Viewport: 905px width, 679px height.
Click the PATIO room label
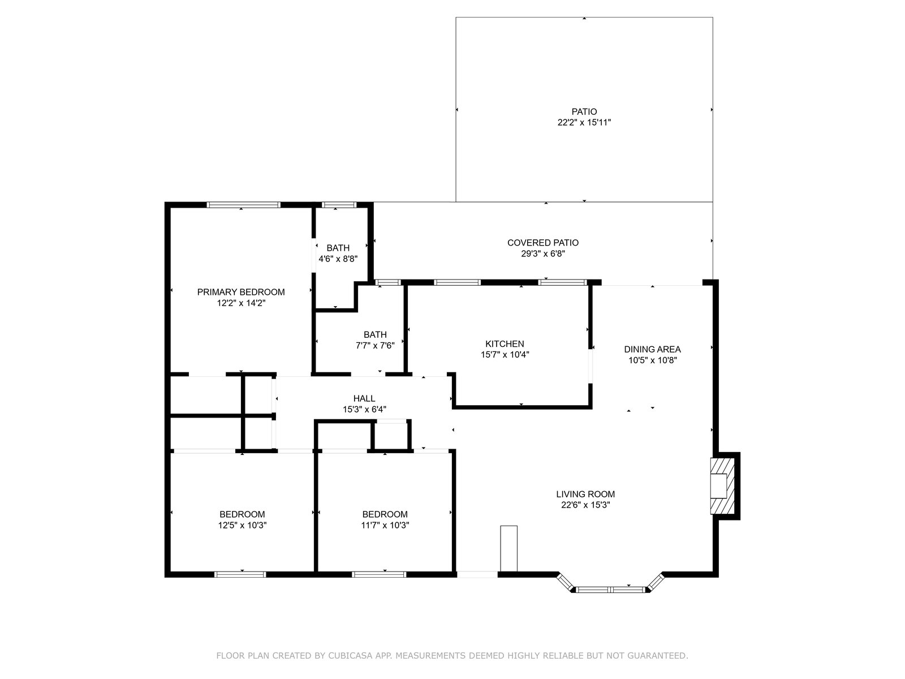(584, 111)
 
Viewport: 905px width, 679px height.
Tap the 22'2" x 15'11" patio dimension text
(584, 122)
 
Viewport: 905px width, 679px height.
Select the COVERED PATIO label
(542, 243)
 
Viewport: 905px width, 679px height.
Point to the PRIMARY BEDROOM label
(241, 293)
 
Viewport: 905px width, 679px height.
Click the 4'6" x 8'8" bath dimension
(338, 259)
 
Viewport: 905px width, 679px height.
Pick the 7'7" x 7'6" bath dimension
(375, 346)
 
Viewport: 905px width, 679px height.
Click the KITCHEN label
(505, 344)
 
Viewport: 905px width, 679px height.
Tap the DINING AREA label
(652, 349)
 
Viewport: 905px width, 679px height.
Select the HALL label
(364, 398)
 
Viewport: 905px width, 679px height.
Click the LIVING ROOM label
(585, 494)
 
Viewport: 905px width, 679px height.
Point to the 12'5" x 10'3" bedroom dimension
(242, 525)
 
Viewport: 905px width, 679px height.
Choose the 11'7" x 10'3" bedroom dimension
(385, 525)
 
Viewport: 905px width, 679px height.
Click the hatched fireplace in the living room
(722, 485)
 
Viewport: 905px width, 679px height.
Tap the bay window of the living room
(610, 590)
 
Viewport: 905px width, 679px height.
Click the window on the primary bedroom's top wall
(244, 205)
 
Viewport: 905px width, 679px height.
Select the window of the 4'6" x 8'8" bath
(339, 205)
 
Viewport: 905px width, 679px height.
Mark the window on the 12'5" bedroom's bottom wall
(240, 574)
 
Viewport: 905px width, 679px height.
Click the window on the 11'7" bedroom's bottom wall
(379, 574)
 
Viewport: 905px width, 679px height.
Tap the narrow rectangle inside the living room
(508, 549)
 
